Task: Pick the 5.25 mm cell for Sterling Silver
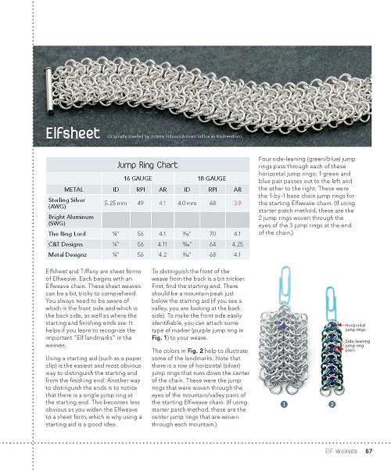(x=115, y=202)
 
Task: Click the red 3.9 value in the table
(x=238, y=202)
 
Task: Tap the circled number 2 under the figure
(x=332, y=404)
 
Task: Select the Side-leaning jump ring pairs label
(x=359, y=345)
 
